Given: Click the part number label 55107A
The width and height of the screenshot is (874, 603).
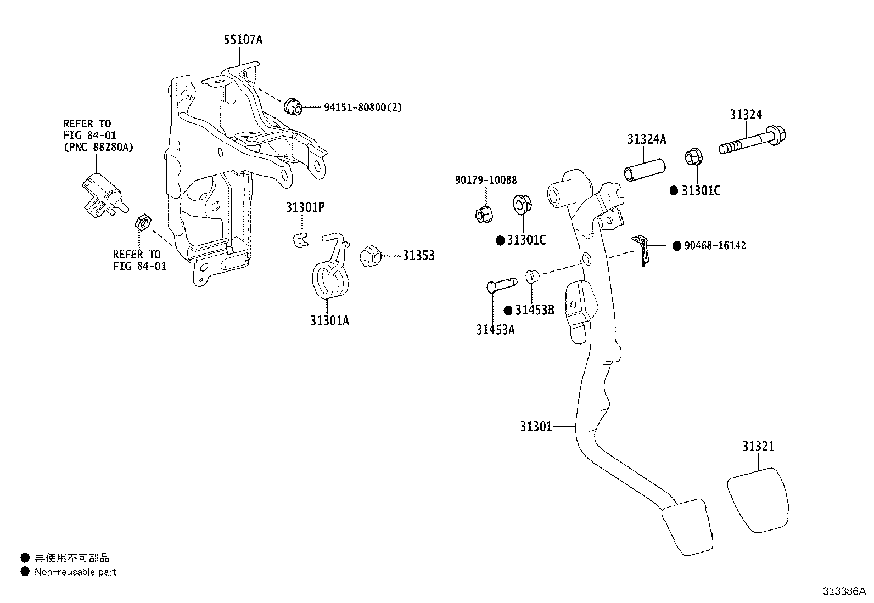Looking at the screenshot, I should [x=243, y=40].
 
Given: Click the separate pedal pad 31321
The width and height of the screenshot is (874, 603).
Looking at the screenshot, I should [x=759, y=499].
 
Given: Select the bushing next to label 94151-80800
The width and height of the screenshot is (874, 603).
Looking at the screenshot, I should [x=294, y=105].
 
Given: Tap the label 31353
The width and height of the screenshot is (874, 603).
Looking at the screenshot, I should [x=418, y=256].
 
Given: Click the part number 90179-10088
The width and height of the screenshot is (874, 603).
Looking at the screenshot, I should [x=485, y=180].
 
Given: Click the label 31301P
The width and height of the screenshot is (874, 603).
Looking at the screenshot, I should [x=305, y=207].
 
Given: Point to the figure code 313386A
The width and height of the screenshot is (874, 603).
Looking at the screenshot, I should [x=843, y=591].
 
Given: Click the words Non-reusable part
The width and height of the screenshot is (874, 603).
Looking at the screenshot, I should [x=75, y=572].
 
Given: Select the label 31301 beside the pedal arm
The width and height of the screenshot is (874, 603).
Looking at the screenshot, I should [x=536, y=426].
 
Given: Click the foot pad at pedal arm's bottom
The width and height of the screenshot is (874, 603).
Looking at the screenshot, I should [x=688, y=526].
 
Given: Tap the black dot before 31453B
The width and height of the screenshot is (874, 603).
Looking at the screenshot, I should [x=508, y=311].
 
